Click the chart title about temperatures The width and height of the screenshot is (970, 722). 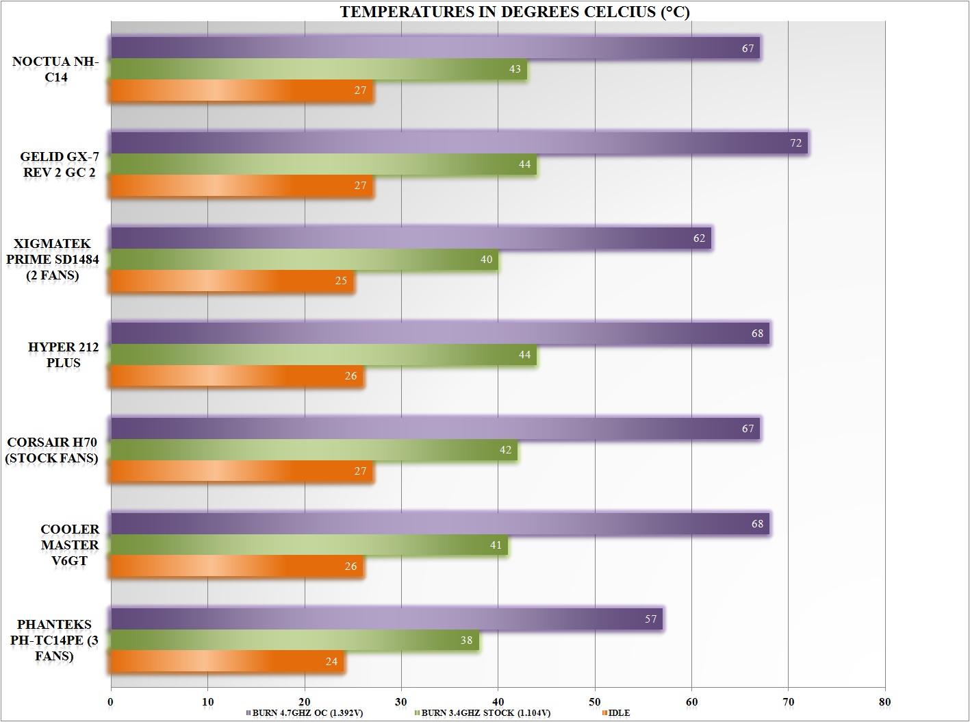click(x=505, y=12)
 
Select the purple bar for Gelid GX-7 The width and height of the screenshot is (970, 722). click(x=459, y=143)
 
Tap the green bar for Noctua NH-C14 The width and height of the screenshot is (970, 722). click(x=318, y=69)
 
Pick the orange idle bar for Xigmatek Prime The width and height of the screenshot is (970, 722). click(x=233, y=281)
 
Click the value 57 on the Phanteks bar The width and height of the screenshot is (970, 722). click(x=650, y=619)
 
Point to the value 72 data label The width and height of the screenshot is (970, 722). click(x=795, y=143)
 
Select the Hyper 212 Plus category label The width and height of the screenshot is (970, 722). click(x=63, y=355)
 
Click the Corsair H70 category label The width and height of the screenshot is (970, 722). click(x=52, y=450)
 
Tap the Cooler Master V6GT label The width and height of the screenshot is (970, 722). click(x=69, y=545)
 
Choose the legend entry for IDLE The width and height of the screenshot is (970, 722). click(x=618, y=713)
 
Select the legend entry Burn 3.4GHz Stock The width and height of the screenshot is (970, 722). click(x=485, y=713)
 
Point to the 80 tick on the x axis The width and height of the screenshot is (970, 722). click(x=884, y=701)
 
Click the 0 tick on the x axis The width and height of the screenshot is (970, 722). click(x=111, y=701)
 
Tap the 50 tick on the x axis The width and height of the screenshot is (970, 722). click(x=595, y=701)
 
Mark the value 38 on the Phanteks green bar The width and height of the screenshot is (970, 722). click(x=466, y=640)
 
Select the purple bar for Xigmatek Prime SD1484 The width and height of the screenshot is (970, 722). click(x=411, y=238)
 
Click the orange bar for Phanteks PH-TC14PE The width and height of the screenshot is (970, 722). click(x=227, y=662)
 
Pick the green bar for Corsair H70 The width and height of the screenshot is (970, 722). click(x=314, y=450)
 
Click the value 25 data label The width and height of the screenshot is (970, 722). click(x=341, y=281)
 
